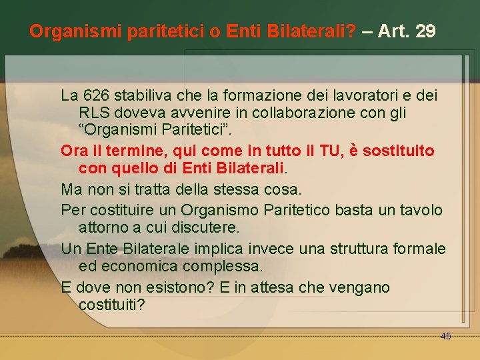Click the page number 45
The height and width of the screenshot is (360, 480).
pyautogui.click(x=445, y=336)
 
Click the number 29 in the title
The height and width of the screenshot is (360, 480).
pyautogui.click(x=425, y=31)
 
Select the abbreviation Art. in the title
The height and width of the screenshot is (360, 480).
pyautogui.click(x=394, y=31)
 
